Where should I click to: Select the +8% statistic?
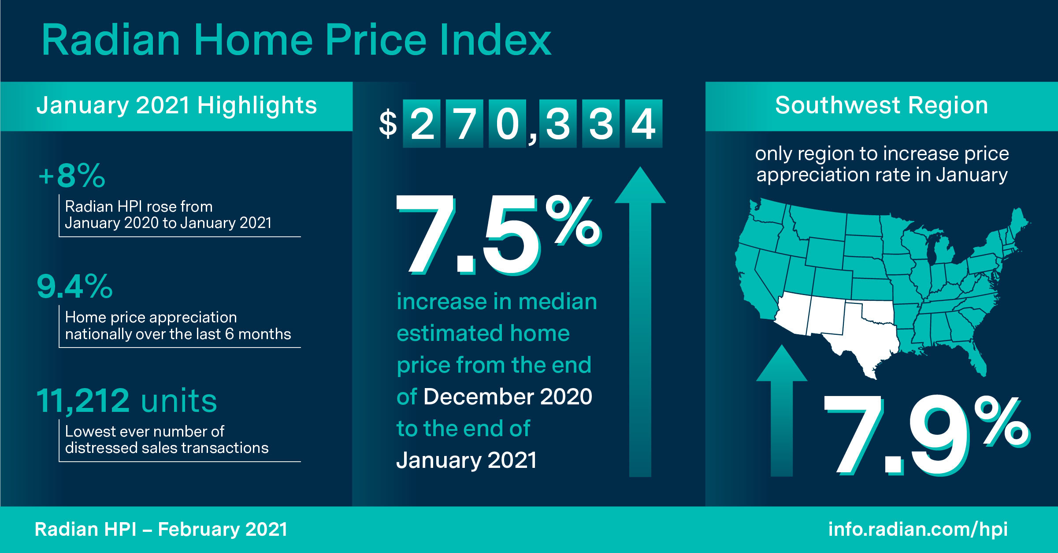click(x=72, y=176)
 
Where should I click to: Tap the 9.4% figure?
click(x=74, y=286)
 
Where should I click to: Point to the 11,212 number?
click(x=83, y=401)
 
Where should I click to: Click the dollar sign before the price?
click(x=388, y=124)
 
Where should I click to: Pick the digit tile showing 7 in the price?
click(x=465, y=123)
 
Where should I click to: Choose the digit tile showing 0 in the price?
click(x=508, y=123)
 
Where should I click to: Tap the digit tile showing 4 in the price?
click(x=643, y=123)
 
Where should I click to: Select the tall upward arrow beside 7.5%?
click(x=640, y=322)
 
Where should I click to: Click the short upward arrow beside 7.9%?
click(x=782, y=411)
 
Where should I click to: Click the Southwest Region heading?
click(x=881, y=106)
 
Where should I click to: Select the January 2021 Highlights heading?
click(x=177, y=106)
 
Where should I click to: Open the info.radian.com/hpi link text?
click(x=918, y=529)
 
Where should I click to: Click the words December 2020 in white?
click(x=508, y=396)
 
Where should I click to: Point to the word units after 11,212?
click(x=179, y=402)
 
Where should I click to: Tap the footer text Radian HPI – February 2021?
click(x=161, y=529)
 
